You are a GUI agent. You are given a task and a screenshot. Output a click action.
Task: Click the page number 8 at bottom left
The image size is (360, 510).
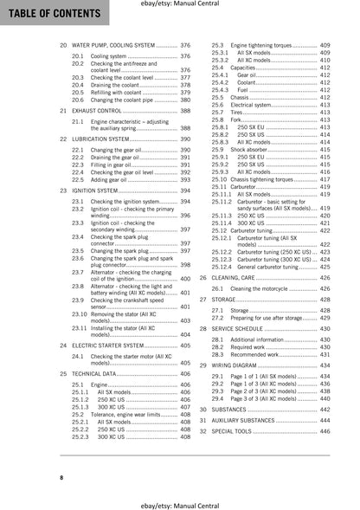(x=37, y=478)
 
